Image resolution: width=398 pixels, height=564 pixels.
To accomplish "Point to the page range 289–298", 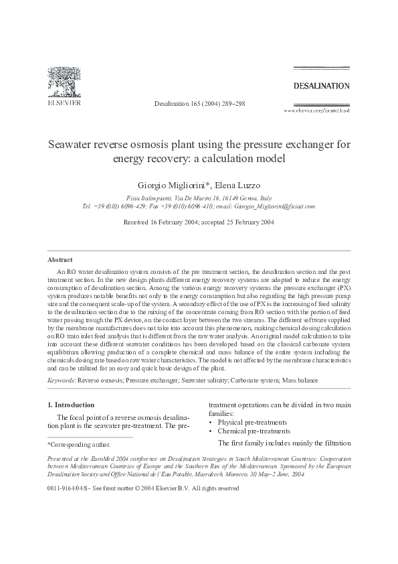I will pos(231,104).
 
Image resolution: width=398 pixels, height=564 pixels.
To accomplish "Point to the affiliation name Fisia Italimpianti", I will pos(150,199).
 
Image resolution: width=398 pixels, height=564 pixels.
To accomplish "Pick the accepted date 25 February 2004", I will pos(245,222).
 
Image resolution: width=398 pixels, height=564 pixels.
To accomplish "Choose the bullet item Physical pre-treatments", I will pos(251,423).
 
